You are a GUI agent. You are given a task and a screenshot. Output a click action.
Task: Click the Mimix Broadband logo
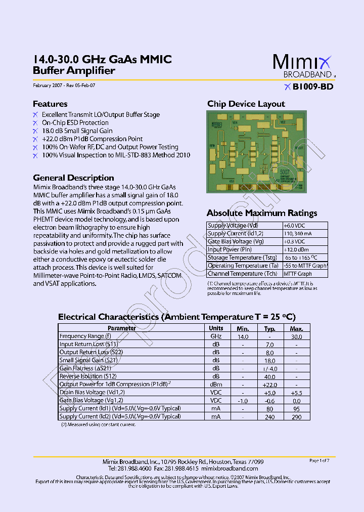pyautogui.click(x=304, y=66)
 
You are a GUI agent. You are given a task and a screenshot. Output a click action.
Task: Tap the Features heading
pyautogui.click(x=50, y=104)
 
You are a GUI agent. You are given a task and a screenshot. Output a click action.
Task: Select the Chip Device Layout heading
pyautogui.click(x=246, y=104)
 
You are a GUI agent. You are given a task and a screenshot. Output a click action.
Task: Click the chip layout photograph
pyautogui.click(x=256, y=151)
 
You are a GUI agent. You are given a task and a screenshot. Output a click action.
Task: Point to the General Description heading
pyautogui.click(x=73, y=178)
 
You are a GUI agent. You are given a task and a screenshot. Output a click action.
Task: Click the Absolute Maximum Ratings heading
pyautogui.click(x=262, y=213)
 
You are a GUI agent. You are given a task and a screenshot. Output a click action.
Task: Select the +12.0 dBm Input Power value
pyautogui.click(x=296, y=249)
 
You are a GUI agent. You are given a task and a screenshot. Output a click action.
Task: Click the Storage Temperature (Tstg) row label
pyautogui.click(x=242, y=258)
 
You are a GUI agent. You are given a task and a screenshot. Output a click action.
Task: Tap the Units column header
pyautogui.click(x=216, y=328)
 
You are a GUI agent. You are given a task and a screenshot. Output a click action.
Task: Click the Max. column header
pyautogui.click(x=296, y=328)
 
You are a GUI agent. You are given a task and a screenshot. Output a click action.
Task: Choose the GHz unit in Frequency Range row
pyautogui.click(x=216, y=336)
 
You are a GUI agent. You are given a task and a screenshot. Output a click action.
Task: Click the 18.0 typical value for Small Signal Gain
pyautogui.click(x=270, y=361)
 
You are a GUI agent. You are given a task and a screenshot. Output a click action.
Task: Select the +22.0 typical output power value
pyautogui.click(x=270, y=385)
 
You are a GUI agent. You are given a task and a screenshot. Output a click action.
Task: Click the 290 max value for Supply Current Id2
pyautogui.click(x=296, y=417)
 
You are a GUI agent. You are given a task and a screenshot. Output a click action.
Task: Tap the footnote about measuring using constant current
pyautogui.click(x=99, y=425)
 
